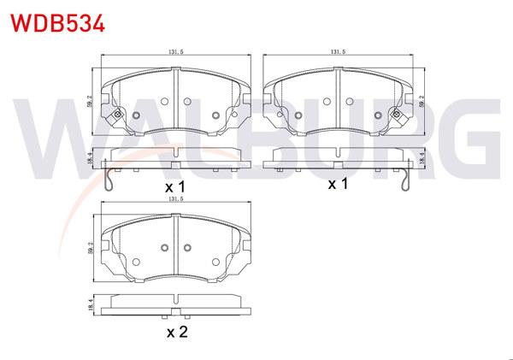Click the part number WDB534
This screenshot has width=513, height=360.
click(57, 22)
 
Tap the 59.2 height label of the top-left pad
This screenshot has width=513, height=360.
click(91, 102)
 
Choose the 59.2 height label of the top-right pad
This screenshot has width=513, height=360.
click(422, 102)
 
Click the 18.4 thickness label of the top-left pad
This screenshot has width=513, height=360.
click(91, 156)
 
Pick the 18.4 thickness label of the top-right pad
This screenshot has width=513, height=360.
click(422, 156)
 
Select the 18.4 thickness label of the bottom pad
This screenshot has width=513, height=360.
click(91, 303)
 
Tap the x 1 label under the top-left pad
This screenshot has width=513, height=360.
click(175, 186)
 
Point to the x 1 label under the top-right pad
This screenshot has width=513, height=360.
click(339, 184)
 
